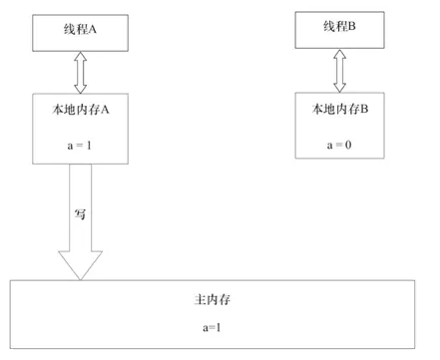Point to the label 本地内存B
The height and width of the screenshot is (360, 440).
coord(339,108)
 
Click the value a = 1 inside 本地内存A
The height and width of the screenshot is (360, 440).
coord(80,146)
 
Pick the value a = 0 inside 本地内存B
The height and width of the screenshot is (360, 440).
coord(339,145)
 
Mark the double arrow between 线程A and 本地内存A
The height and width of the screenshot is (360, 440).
coord(81,72)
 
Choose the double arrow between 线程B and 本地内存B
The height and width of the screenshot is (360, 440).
coord(339,71)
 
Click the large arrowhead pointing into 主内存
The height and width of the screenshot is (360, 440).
coord(81,263)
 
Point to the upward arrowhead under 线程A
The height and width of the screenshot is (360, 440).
coord(81,59)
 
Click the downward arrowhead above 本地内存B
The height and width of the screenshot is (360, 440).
coord(339,85)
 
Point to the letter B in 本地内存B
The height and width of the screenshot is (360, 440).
coord(363,108)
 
